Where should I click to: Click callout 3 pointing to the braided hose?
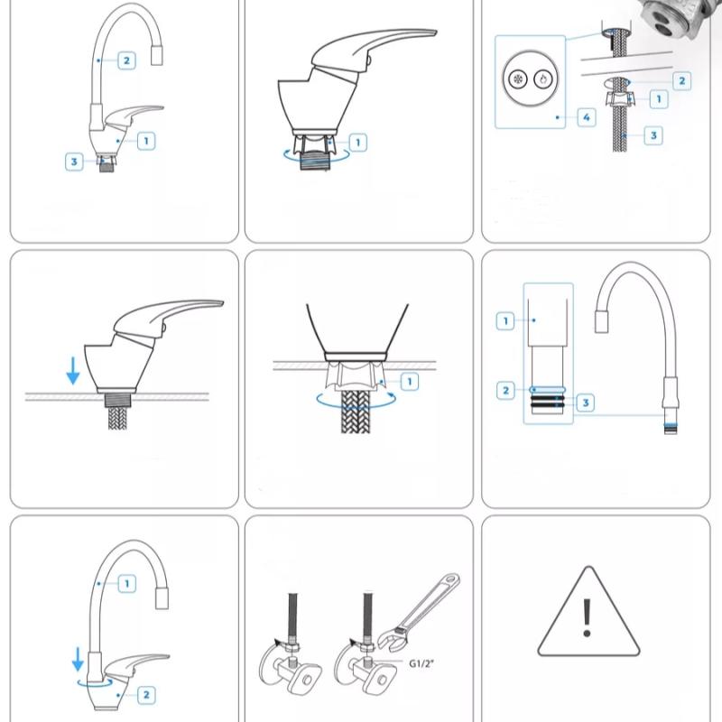pos(654,135)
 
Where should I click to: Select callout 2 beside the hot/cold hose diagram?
pos(681,81)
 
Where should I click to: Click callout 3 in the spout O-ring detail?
pos(585,403)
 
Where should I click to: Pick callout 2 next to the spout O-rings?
pos(506,391)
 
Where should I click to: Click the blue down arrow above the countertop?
pos(73,368)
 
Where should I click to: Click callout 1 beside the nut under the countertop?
pos(409,383)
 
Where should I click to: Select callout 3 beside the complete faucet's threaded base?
pos(74,162)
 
